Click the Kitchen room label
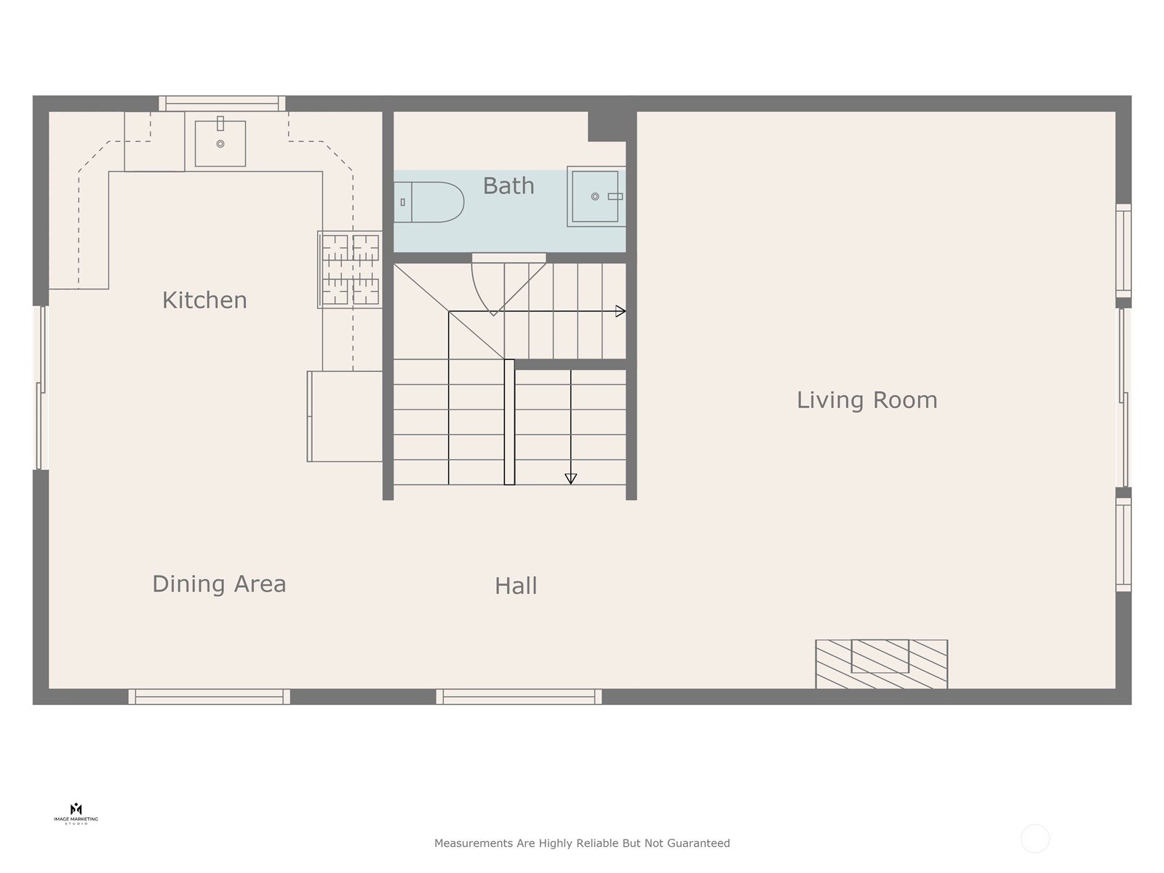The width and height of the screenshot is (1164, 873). coord(204,300)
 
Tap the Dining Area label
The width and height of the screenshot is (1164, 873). coord(219,583)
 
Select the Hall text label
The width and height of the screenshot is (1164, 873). coord(516,586)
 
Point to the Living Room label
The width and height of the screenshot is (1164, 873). coord(866,399)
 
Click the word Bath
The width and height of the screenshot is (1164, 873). coord(509,186)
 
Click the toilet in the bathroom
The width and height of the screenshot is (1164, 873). coord(429,202)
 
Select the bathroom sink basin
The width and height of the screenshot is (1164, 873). coord(595,196)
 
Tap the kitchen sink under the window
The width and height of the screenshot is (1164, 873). coord(220,143)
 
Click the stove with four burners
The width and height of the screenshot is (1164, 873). coord(350,270)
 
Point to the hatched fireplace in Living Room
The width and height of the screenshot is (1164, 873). coord(881,664)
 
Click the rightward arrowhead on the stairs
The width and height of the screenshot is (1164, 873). coord(621,311)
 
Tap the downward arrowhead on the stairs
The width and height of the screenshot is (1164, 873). coord(571,479)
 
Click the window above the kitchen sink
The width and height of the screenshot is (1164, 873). coord(222,103)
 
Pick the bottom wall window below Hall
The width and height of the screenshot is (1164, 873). coord(519,697)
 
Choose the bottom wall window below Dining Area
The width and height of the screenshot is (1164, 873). coord(210,697)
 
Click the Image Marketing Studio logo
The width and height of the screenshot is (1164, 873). coord(76,813)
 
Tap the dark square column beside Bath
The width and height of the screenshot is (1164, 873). coord(607,125)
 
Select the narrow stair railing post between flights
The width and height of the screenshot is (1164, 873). coord(509,422)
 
